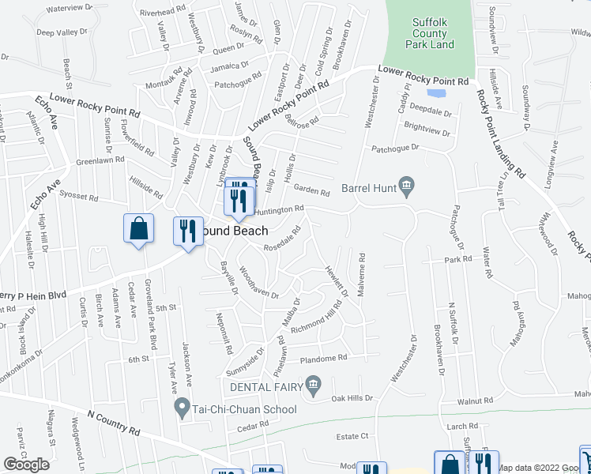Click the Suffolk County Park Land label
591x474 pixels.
click(x=430, y=34)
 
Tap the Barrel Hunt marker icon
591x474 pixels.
click(x=407, y=187)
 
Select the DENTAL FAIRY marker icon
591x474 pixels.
click(x=314, y=386)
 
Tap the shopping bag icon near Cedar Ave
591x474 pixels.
click(x=139, y=228)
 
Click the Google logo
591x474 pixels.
click(x=26, y=465)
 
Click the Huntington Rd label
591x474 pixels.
click(x=279, y=210)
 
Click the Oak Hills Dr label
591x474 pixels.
click(x=352, y=398)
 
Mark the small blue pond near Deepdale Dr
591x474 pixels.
click(x=439, y=92)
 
